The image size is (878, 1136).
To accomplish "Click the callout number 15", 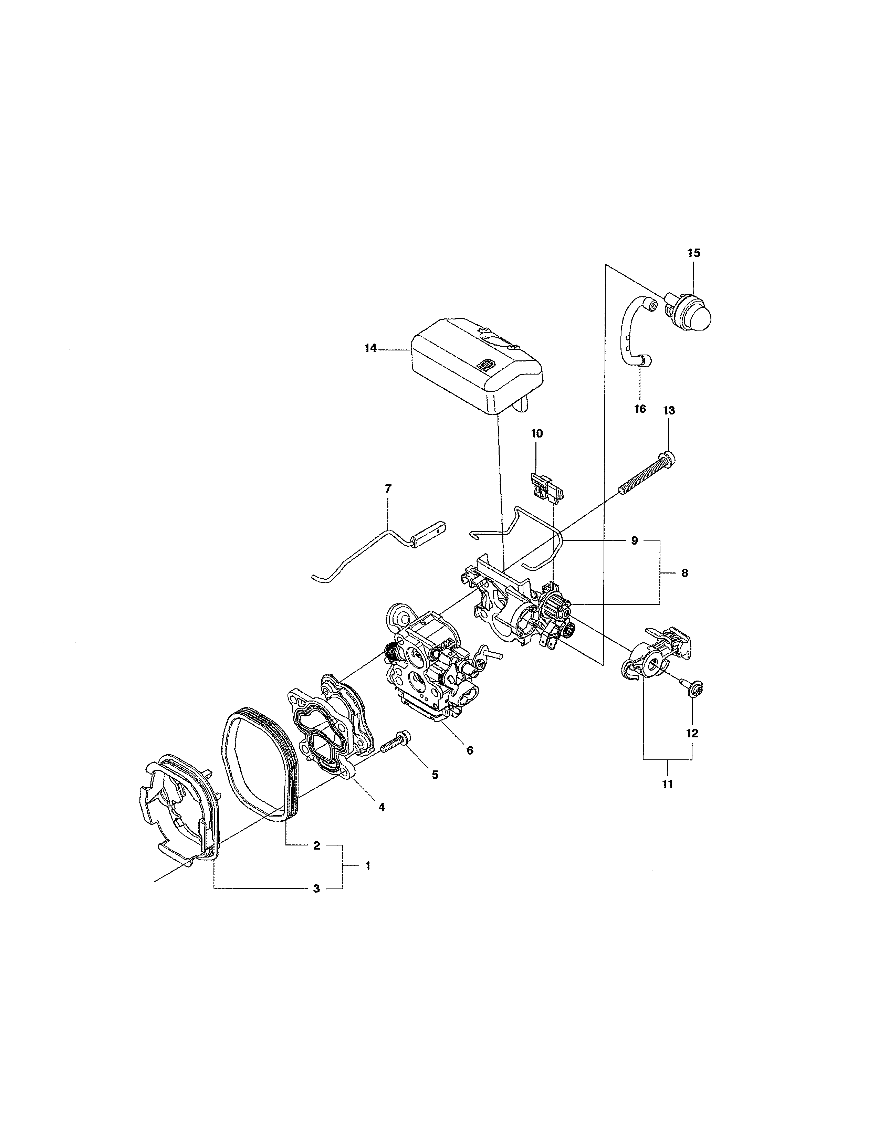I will click(x=694, y=253).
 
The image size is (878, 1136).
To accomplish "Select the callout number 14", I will click(x=370, y=348).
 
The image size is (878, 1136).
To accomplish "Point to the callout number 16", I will click(x=640, y=409).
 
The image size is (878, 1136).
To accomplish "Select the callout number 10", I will click(x=537, y=433).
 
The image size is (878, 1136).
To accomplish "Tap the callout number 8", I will click(x=684, y=573).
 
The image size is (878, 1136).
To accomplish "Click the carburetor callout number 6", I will click(x=470, y=750).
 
